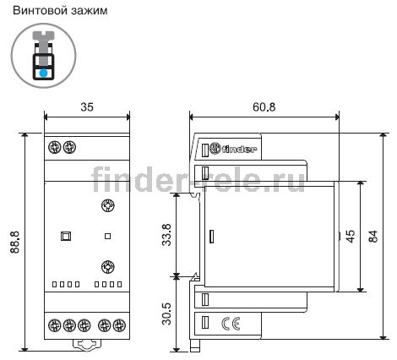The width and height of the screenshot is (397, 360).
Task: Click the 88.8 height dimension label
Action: coord(15,242)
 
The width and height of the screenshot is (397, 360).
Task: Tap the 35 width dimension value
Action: coord(87,107)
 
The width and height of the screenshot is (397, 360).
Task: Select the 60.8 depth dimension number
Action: coord(264,107)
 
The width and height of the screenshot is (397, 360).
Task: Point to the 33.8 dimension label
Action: coord(166,235)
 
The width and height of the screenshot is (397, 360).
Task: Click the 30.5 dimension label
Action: coord(166,314)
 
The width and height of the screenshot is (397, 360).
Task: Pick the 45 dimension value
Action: coord(351,236)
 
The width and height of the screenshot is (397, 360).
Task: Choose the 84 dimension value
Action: coord(373,236)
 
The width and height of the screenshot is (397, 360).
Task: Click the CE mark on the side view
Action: coord(231,324)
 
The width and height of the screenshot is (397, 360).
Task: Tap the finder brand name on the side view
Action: coord(239,149)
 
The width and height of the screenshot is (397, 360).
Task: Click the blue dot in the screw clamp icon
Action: coord(43,74)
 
